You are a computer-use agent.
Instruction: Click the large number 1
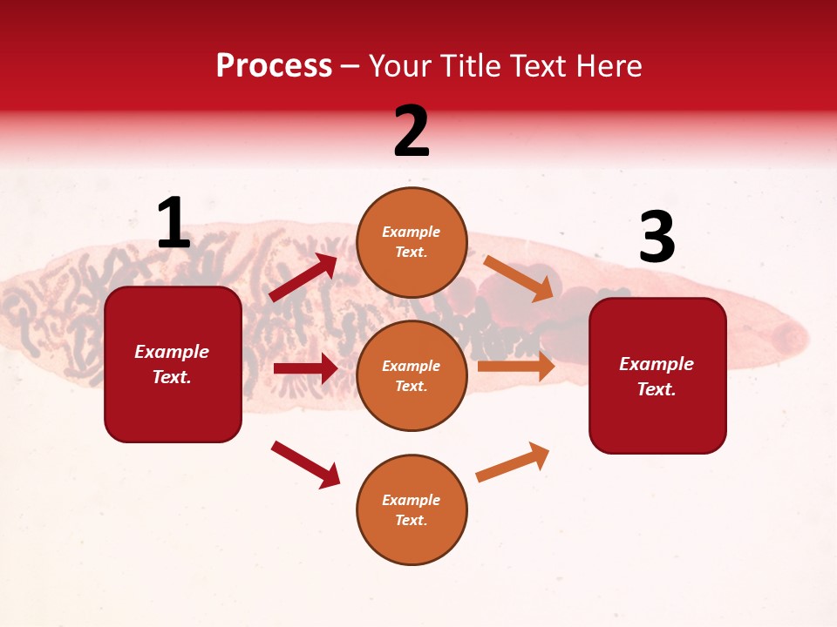(174, 224)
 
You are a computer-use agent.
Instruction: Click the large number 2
(412, 131)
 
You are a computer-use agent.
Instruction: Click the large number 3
(657, 238)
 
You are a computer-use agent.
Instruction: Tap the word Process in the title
(274, 65)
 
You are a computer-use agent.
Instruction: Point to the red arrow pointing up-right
(303, 278)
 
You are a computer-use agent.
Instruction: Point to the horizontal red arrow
(305, 368)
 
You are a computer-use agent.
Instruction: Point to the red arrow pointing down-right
(305, 463)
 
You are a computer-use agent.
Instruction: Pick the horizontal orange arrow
(516, 366)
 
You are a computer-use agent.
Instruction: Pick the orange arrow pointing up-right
(513, 462)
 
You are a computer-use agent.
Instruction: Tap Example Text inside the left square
(172, 364)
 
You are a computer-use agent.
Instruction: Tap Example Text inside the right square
(657, 376)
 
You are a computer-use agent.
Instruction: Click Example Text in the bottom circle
(412, 509)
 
